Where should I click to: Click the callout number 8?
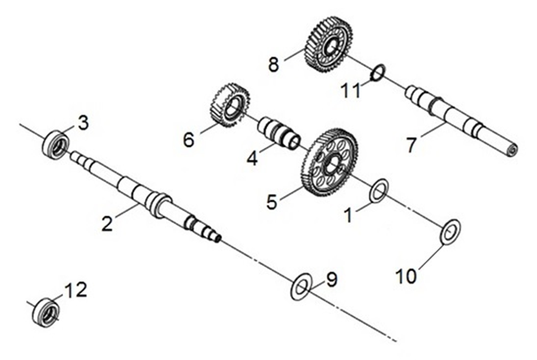[x=273, y=64]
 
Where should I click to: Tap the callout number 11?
[x=351, y=91]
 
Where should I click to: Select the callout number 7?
[x=412, y=144]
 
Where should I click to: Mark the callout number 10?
[x=406, y=275]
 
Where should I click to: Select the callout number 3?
[x=83, y=123]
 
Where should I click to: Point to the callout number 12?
[x=75, y=291]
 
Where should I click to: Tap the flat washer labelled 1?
[x=379, y=190]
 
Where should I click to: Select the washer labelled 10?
[x=450, y=232]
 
